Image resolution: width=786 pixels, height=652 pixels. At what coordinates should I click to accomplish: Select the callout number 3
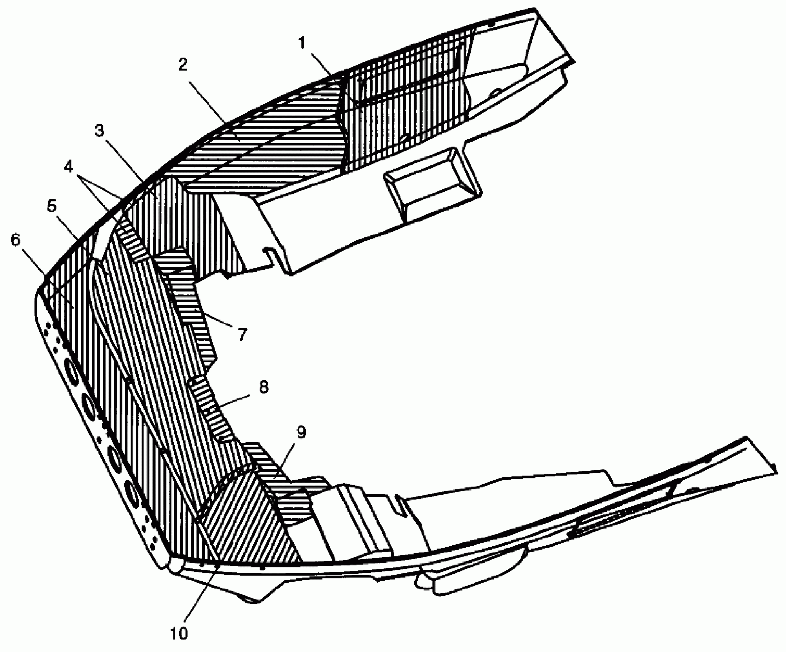pos(99,132)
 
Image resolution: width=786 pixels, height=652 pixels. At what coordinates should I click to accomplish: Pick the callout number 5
pos(51,206)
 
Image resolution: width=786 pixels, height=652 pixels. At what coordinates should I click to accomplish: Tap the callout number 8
pos(263,387)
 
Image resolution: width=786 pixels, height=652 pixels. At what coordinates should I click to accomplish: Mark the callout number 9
pos(301,433)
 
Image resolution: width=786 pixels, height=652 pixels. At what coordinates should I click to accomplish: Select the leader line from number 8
pos(234,401)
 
